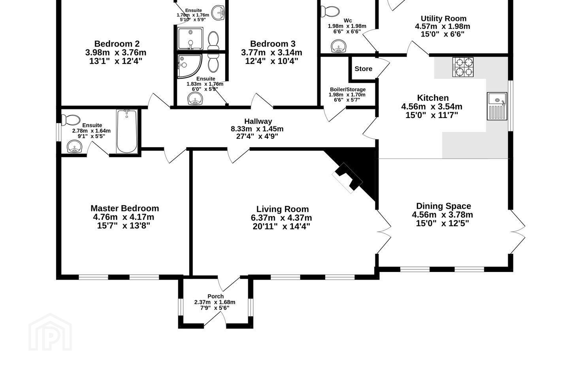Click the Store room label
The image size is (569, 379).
[363, 69]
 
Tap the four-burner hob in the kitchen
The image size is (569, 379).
[463, 67]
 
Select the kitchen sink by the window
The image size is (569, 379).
[497, 106]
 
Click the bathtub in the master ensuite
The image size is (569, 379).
[127, 131]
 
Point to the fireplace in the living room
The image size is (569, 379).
[347, 178]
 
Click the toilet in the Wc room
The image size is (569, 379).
[330, 11]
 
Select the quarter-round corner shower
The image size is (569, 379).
[190, 66]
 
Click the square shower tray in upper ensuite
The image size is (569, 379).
[190, 39]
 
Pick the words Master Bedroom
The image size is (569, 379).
[125, 208]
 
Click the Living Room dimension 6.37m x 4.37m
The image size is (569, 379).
[281, 218]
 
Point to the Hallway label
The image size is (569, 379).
[258, 121]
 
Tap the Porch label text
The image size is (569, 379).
[215, 296]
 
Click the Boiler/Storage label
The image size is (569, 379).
[348, 89]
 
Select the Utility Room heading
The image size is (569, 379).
[443, 19]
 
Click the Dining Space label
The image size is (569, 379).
[443, 206]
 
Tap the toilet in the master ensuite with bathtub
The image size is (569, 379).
[71, 120]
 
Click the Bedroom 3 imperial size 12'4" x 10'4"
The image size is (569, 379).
[271, 61]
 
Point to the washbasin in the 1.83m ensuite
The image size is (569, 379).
[195, 98]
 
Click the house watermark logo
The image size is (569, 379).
[50, 332]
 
